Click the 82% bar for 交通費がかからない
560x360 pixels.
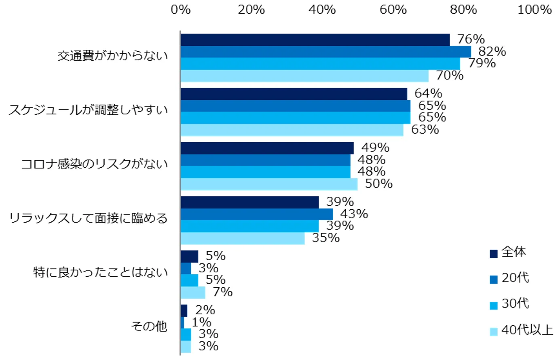pos(325,52)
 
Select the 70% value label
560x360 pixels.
pos(450,76)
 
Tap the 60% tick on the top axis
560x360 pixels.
pos(393,10)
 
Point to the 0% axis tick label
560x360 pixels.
pos(180,10)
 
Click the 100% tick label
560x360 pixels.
pos(535,10)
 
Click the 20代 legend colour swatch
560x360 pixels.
pos(493,279)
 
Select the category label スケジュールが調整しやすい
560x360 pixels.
pos(88,110)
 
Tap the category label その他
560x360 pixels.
pos(149,326)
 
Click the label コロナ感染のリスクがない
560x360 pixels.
pos(94,164)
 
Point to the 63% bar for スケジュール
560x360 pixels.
pos(292,130)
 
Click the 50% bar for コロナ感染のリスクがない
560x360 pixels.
pos(269,184)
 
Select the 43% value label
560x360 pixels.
pos(354,214)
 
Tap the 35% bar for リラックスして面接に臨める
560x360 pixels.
pos(242,238)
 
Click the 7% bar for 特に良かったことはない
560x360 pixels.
pos(193,292)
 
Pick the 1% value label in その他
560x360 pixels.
pos(201,322)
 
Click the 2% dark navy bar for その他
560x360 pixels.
pos(184,311)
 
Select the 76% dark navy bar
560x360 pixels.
pos(315,40)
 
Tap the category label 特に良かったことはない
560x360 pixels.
pos(100,272)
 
